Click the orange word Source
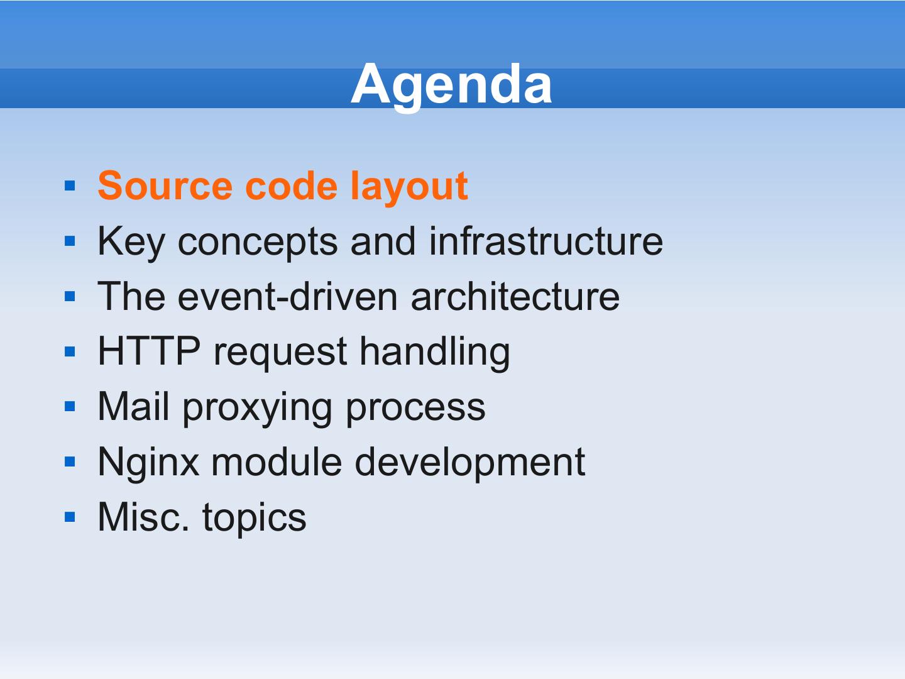pos(165,186)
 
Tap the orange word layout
pos(409,188)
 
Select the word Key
pos(131,243)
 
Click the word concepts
pos(258,244)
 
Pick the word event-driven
pos(288,296)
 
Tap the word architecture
pos(515,296)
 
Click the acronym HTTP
pos(149,351)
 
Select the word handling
pos(435,353)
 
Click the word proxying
pos(257,409)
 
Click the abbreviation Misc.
pos(143,517)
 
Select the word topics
pos(255,519)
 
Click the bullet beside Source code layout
pos(70,185)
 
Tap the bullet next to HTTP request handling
pos(70,351)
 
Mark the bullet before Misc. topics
pos(70,517)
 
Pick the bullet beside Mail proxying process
pos(70,407)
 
